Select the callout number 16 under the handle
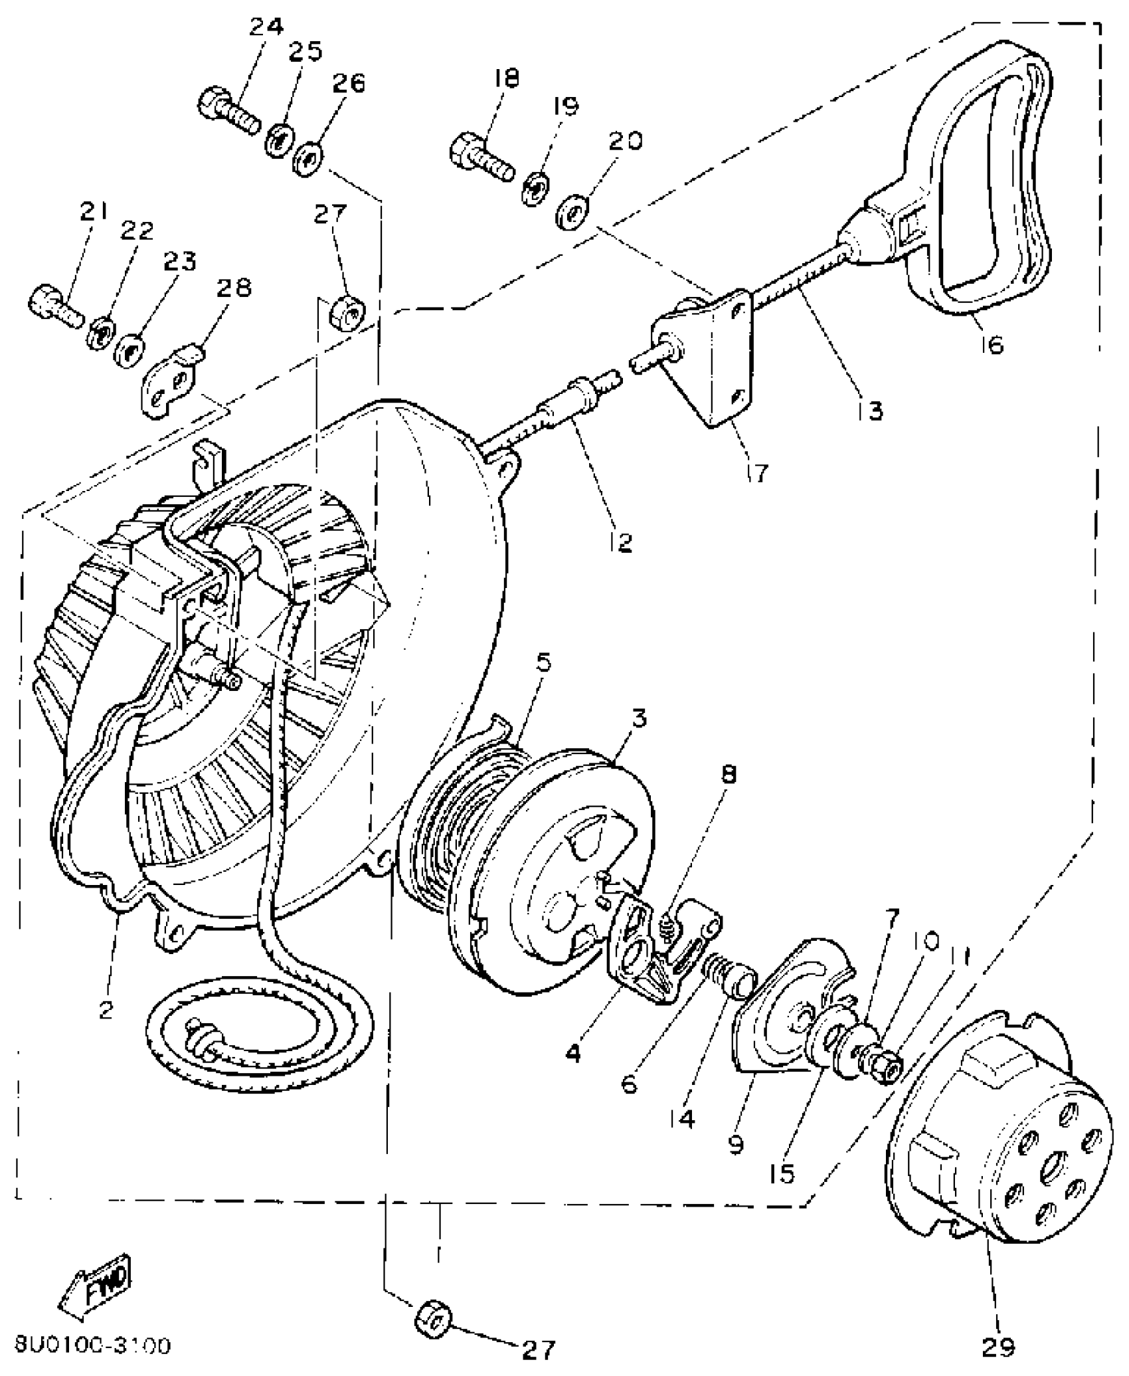click(992, 344)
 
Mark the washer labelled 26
click(307, 159)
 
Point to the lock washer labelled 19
click(535, 188)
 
